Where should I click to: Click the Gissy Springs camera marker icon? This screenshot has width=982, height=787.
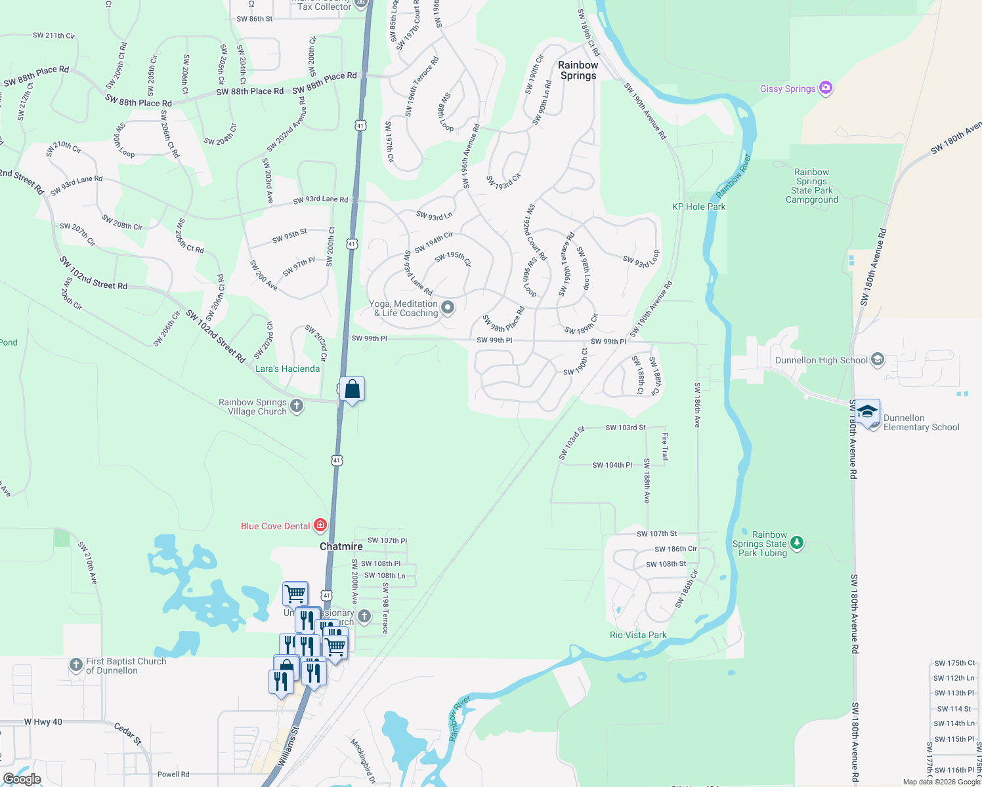(826, 88)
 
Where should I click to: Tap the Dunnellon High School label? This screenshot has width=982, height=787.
(821, 360)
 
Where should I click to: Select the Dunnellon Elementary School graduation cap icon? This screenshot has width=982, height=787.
(867, 412)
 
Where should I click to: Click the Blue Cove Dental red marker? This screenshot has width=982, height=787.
(320, 525)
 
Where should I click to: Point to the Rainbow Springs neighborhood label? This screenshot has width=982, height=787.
(578, 70)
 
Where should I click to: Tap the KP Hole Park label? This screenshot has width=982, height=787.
(699, 207)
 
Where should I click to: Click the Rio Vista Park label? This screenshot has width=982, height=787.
(638, 635)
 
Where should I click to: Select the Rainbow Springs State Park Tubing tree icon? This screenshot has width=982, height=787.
(796, 542)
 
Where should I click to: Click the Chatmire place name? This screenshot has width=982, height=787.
(341, 546)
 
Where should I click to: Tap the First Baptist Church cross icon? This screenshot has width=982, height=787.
(76, 664)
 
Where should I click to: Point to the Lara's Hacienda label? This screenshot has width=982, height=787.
(288, 369)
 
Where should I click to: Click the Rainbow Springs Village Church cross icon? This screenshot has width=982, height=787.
(297, 406)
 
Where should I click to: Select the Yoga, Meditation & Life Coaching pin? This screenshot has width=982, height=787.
(448, 307)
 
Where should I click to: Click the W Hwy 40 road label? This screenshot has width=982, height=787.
(43, 722)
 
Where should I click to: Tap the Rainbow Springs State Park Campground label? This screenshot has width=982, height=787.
(812, 186)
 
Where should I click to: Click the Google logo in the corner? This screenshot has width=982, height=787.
(22, 778)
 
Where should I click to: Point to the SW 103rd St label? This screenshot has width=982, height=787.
(626, 428)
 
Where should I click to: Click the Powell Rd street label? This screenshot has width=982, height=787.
(173, 774)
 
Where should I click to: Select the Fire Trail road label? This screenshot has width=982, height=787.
(664, 447)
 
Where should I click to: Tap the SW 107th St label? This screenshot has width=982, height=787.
(656, 534)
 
